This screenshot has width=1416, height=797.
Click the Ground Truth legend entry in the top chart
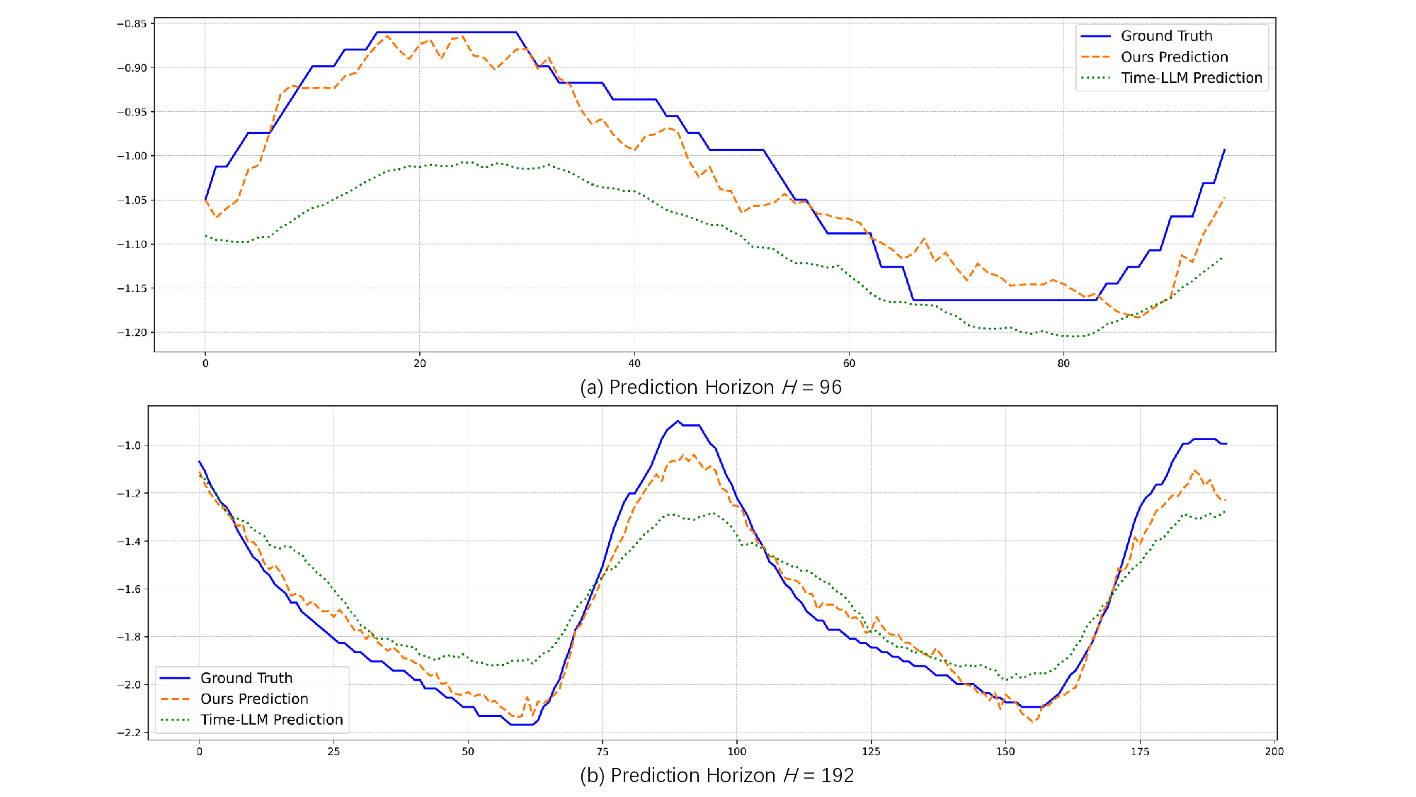pyautogui.click(x=1165, y=36)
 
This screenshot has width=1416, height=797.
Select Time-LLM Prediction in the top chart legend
pyautogui.click(x=1191, y=78)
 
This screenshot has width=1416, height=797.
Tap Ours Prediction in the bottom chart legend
pyautogui.click(x=254, y=699)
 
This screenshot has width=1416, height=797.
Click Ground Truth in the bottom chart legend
pyautogui.click(x=246, y=678)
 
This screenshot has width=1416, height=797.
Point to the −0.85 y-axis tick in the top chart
pyautogui.click(x=132, y=23)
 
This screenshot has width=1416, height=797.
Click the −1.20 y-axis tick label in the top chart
pyautogui.click(x=132, y=332)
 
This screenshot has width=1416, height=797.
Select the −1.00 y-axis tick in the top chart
pyautogui.click(x=132, y=156)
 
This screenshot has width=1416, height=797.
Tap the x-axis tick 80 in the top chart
pyautogui.click(x=1063, y=363)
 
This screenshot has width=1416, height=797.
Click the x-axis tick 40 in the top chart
pyautogui.click(x=634, y=363)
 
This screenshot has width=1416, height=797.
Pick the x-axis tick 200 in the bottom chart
pyautogui.click(x=1274, y=752)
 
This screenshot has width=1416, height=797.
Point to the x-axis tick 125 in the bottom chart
pyautogui.click(x=871, y=752)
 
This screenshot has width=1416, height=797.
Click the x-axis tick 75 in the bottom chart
pyautogui.click(x=603, y=752)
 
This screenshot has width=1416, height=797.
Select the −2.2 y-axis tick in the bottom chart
pyautogui.click(x=129, y=733)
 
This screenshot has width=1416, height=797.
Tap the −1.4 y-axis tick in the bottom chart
pyautogui.click(x=129, y=541)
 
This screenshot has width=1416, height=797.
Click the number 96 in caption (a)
pyautogui.click(x=830, y=388)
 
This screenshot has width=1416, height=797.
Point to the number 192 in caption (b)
pyautogui.click(x=838, y=776)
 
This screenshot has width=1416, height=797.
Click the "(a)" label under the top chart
pyautogui.click(x=591, y=388)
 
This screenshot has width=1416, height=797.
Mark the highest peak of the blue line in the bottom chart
pyautogui.click(x=678, y=421)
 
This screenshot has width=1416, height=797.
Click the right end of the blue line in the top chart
pyautogui.click(x=1225, y=149)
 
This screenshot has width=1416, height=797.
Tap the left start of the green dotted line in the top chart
pyautogui.click(x=205, y=235)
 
